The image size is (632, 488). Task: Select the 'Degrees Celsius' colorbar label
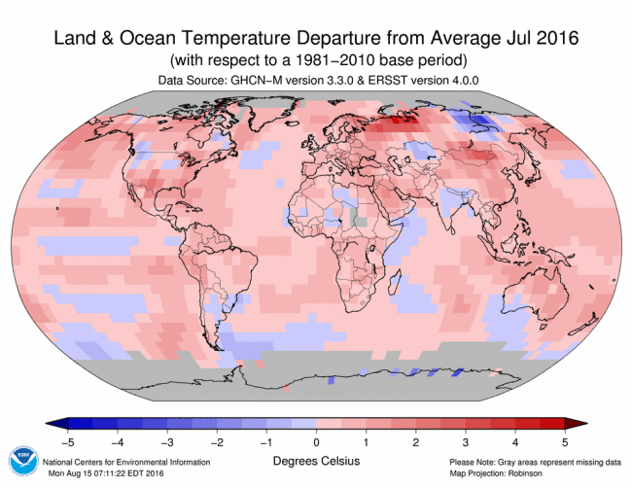click(315, 460)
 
